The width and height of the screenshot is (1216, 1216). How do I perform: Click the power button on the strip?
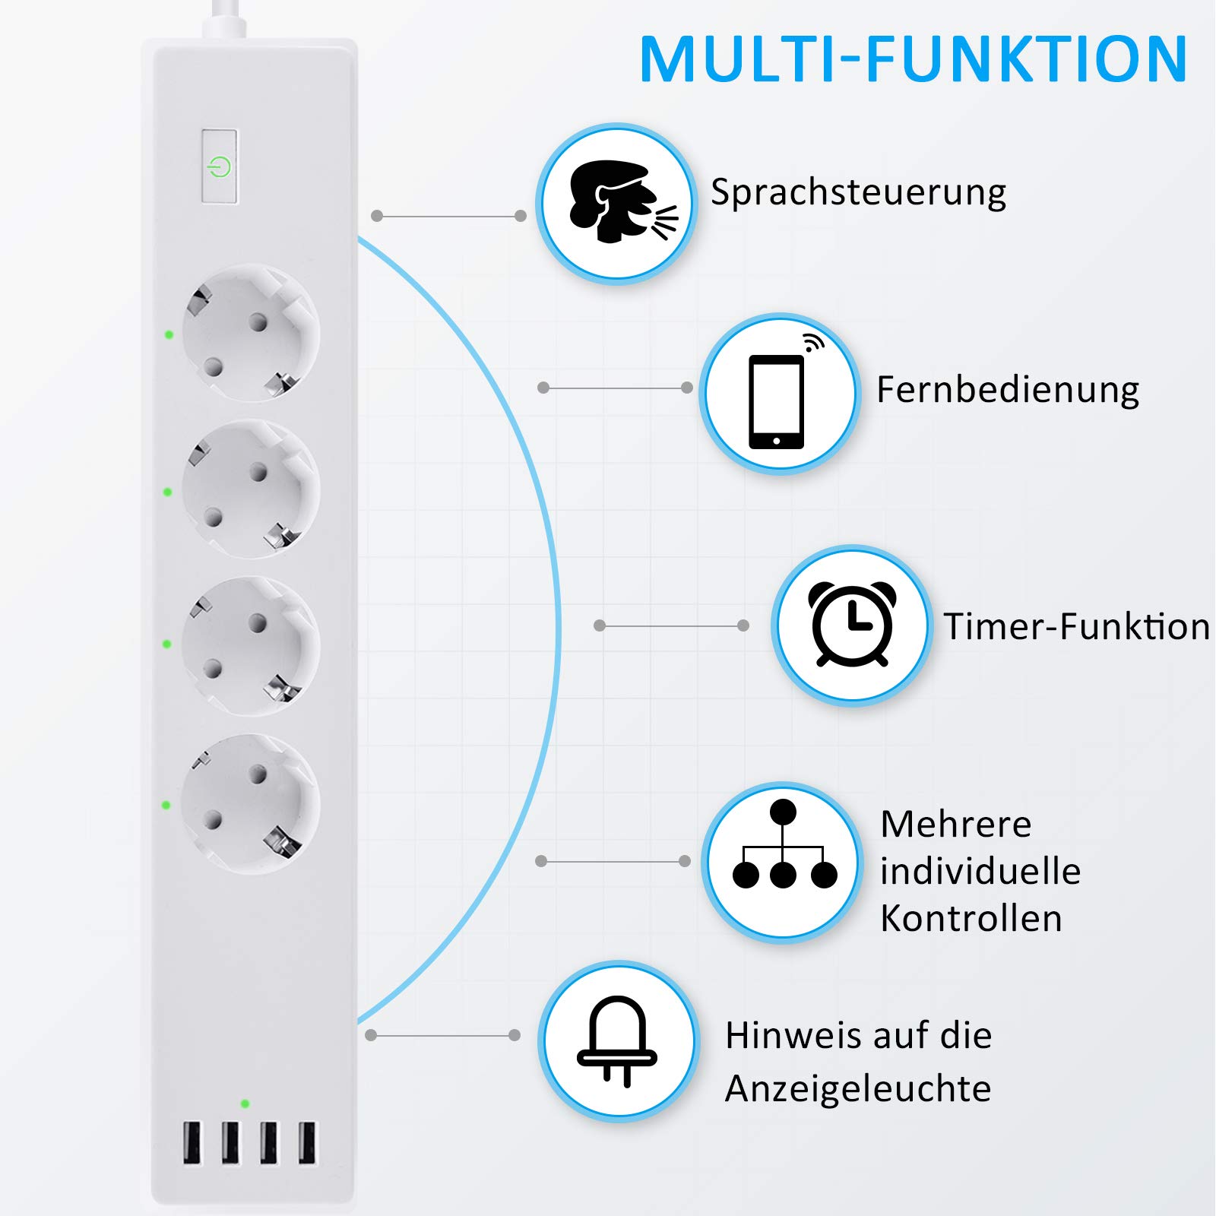click(x=219, y=166)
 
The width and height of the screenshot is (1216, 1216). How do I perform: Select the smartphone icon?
click(x=777, y=400)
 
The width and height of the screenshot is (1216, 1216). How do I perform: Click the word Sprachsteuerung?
click(x=858, y=192)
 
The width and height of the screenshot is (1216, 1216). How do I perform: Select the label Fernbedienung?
click(x=1008, y=390)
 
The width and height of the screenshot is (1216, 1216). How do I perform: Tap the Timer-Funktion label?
click(x=1076, y=627)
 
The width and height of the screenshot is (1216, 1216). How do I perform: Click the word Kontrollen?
click(x=971, y=918)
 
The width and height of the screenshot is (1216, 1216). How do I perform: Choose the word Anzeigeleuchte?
click(x=858, y=1088)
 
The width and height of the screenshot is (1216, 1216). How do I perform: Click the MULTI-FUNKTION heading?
click(x=913, y=59)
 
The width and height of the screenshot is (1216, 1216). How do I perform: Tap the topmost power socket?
click(x=251, y=333)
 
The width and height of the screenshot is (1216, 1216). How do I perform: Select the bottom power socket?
click(x=251, y=803)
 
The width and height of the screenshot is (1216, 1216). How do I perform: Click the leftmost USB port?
click(x=192, y=1142)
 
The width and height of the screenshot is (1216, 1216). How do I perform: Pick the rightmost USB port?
click(x=307, y=1142)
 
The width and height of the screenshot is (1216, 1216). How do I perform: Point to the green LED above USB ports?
click(x=245, y=1103)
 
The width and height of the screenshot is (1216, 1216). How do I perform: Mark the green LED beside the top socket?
click(x=169, y=334)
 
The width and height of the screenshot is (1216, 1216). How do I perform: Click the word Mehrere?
click(x=955, y=824)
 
